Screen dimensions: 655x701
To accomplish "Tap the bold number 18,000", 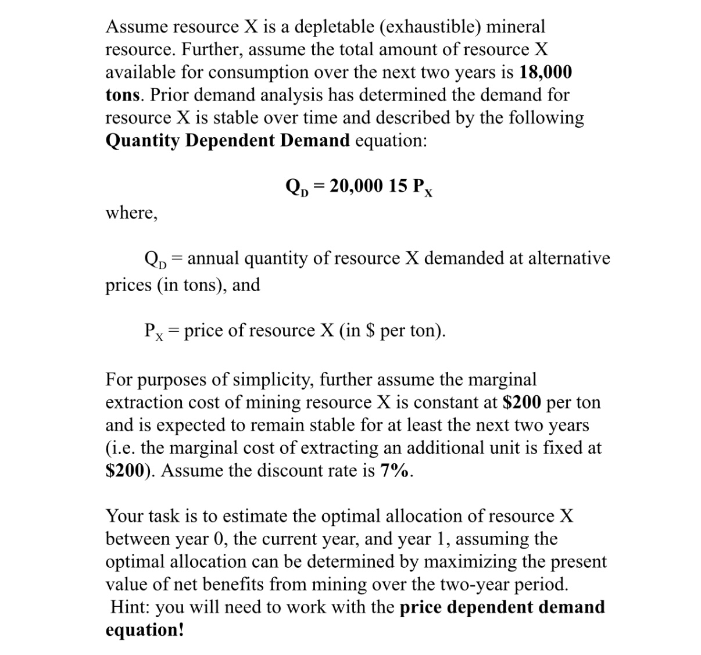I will [545, 72].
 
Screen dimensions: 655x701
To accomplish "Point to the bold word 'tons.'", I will [125, 95].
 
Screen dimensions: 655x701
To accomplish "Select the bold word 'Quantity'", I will [142, 141].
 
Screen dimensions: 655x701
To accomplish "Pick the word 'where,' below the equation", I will [131, 213].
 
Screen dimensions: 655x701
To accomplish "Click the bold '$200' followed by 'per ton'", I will [521, 402].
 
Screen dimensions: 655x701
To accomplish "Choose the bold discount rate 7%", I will [397, 471].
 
